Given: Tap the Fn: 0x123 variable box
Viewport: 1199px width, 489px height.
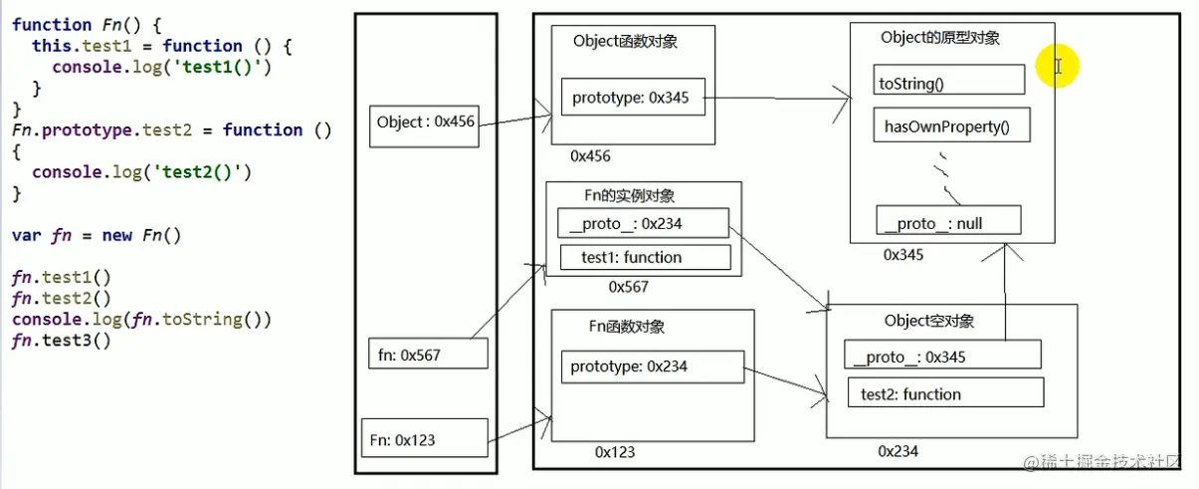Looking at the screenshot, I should pos(425,439).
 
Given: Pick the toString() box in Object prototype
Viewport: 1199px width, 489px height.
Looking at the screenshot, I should pos(949,80).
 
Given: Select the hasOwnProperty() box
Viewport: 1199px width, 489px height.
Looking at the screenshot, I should pos(952,126).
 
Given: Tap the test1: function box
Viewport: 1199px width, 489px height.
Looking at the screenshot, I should pos(645,257).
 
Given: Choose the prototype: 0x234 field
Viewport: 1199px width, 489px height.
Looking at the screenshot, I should pos(652,367).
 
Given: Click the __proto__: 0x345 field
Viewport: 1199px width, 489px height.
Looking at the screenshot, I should pos(942,356).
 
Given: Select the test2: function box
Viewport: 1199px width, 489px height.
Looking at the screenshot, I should pos(945,393).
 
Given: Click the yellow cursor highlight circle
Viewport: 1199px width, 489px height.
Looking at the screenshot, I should pos(1057,66).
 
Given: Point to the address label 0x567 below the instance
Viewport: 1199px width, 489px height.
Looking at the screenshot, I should pos(629,287).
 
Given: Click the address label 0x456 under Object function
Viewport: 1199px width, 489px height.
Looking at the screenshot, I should pos(590,156).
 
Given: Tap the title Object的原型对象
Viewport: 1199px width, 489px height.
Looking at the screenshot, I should pos(940,38).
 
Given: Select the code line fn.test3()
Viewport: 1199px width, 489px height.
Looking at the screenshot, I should pos(62,341).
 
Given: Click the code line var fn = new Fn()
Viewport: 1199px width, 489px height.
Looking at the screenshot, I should pos(98,236).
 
